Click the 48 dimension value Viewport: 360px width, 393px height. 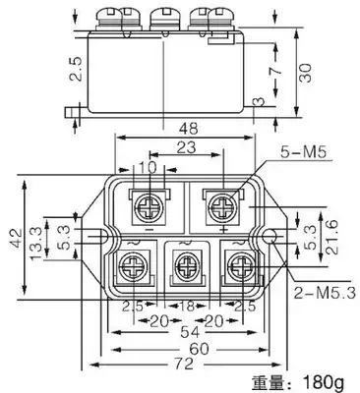click(189, 128)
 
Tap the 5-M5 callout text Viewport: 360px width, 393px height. click(304, 152)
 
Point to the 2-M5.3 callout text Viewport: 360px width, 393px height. click(325, 293)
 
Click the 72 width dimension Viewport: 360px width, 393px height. click(185, 364)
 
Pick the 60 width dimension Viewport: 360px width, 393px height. click(200, 349)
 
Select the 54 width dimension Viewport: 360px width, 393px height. click(190, 332)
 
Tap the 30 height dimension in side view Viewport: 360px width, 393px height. click(306, 73)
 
